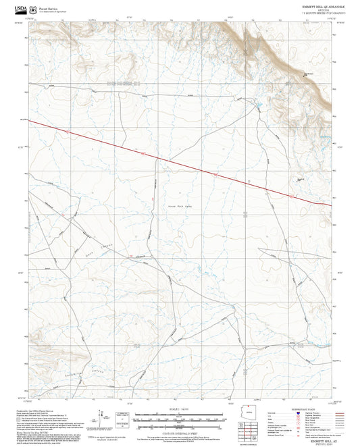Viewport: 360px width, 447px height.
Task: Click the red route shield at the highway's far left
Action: coord(68,131)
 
